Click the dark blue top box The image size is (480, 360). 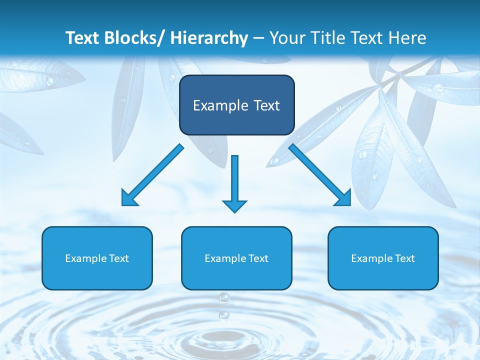pos(236,105)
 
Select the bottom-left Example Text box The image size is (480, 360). pos(97,258)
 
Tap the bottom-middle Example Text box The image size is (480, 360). pos(236,258)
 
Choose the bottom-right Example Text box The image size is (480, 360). pos(383,258)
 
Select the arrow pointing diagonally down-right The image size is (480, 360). pos(320,175)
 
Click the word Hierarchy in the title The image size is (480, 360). pos(209,38)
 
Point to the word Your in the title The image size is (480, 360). pos(287,38)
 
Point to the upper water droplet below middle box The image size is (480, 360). pos(223,298)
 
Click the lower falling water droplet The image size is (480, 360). pos(224,315)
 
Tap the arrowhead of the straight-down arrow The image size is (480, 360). pos(234,206)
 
